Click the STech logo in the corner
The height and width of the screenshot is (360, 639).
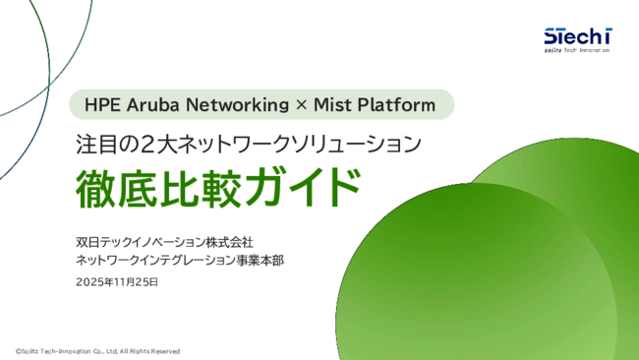pyautogui.click(x=577, y=37)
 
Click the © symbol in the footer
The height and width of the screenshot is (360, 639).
pyautogui.click(x=17, y=351)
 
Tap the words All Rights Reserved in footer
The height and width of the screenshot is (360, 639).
pyautogui.click(x=150, y=351)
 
